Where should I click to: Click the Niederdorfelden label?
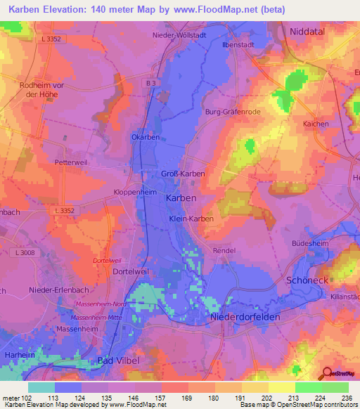pos(245,317)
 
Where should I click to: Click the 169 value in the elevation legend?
pos(186,399)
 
